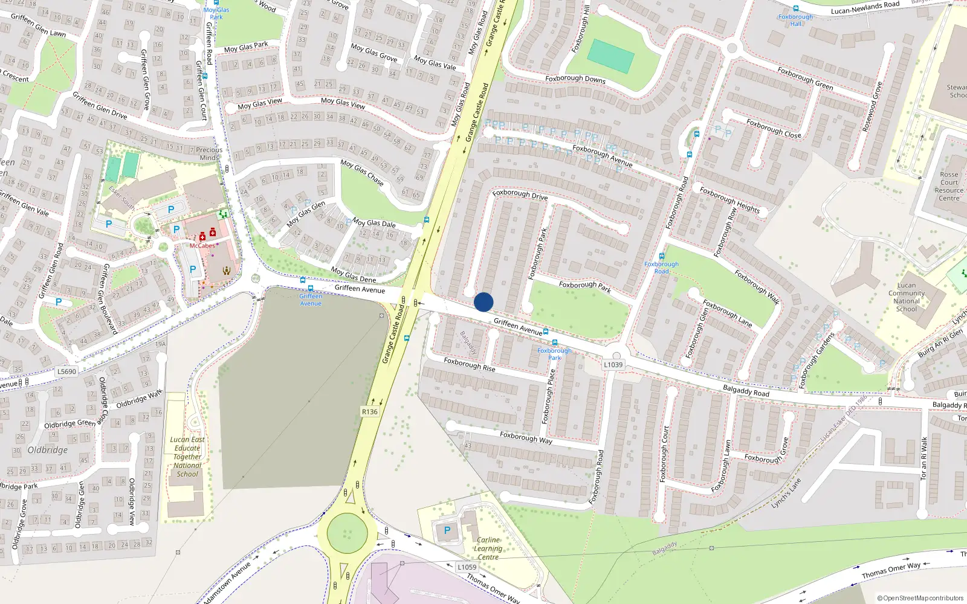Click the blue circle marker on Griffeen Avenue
pyautogui.click(x=483, y=302)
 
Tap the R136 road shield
pyautogui.click(x=369, y=412)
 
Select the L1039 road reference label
pyautogui.click(x=613, y=365)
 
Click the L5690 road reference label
pyautogui.click(x=66, y=371)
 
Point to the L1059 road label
pyautogui.click(x=467, y=567)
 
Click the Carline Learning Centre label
pyautogui.click(x=488, y=548)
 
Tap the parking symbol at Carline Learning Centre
pyautogui.click(x=447, y=530)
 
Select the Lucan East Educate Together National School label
pyautogui.click(x=187, y=457)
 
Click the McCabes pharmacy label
pyautogui.click(x=202, y=246)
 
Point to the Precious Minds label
pyautogui.click(x=209, y=153)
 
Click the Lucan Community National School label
pyautogui.click(x=907, y=297)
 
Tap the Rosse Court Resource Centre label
pyautogui.click(x=949, y=186)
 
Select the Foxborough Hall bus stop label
pyautogui.click(x=795, y=20)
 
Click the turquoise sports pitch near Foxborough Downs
pyautogui.click(x=610, y=56)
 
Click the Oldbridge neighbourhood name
pyautogui.click(x=48, y=450)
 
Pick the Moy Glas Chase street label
pyautogui.click(x=362, y=173)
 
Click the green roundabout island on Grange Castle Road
pyautogui.click(x=347, y=533)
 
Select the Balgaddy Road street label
pyautogui.click(x=746, y=391)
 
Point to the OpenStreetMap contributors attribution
pyautogui.click(x=920, y=598)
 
